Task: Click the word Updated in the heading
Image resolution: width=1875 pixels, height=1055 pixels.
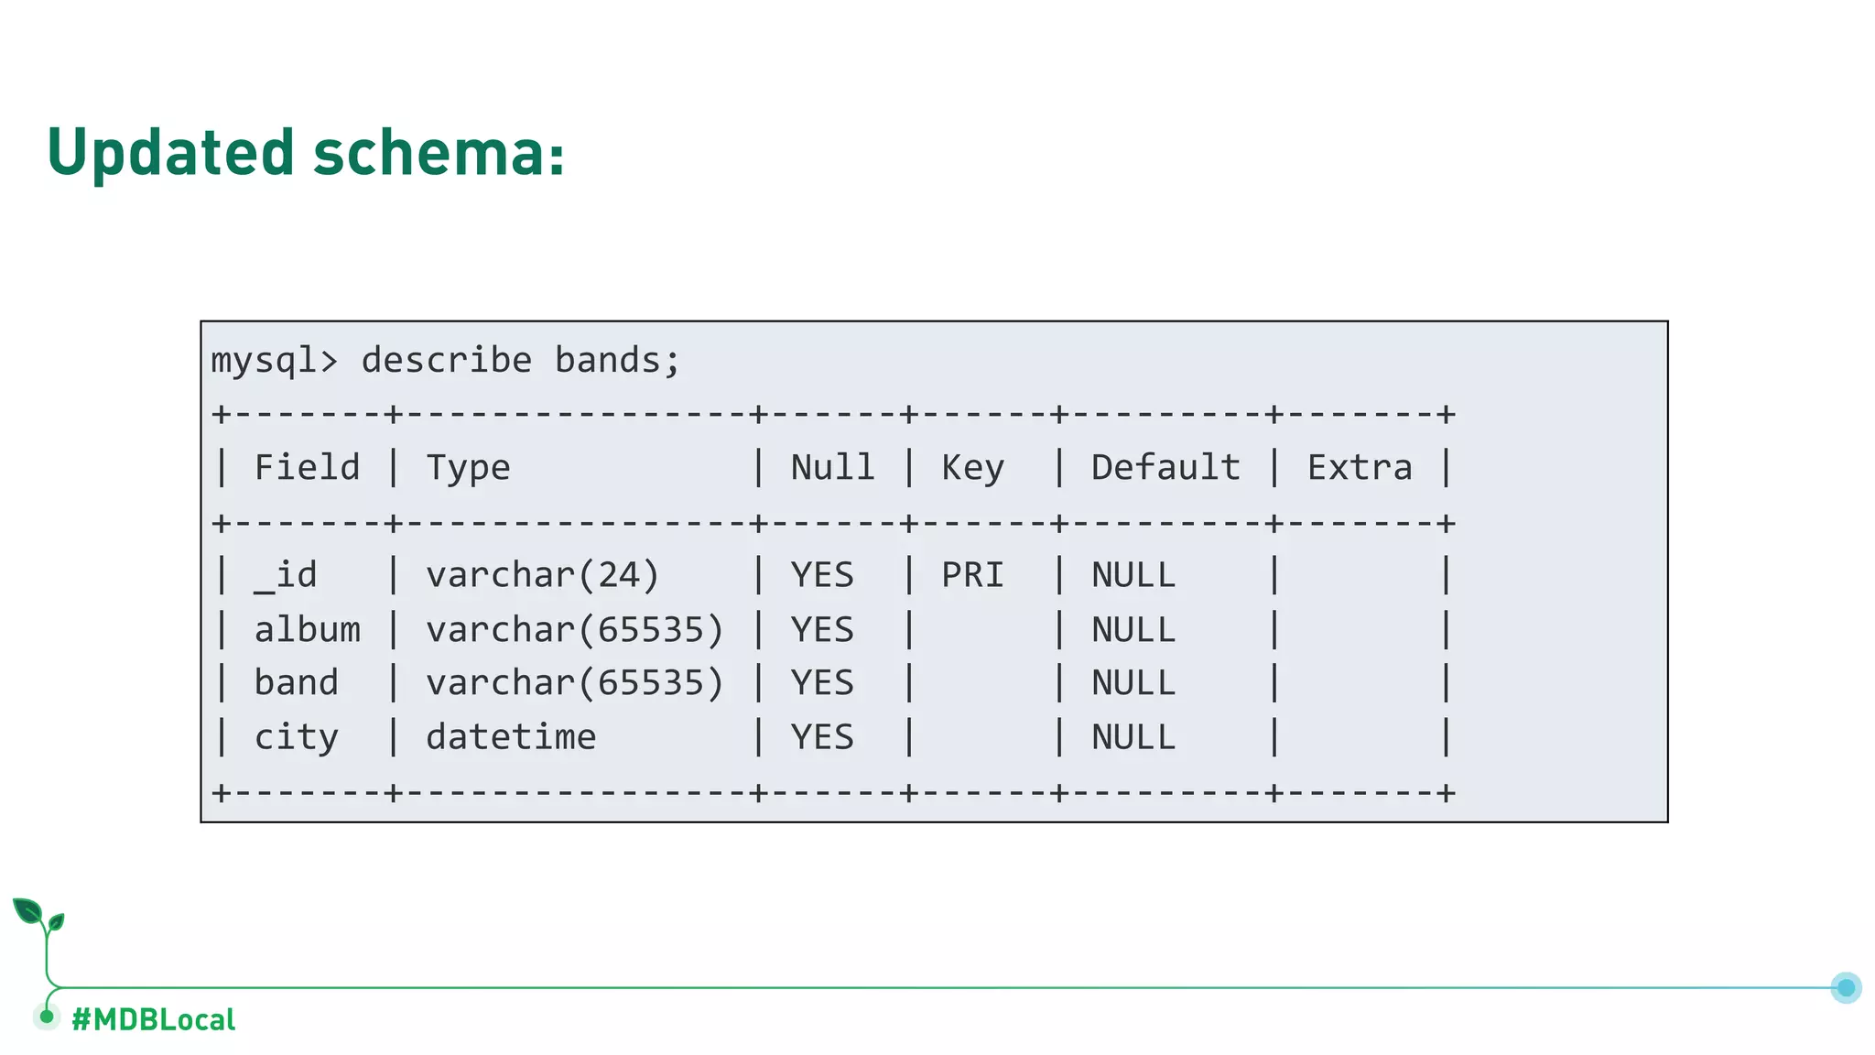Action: [x=171, y=153]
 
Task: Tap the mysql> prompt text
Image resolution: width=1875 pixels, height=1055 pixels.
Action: [x=274, y=361]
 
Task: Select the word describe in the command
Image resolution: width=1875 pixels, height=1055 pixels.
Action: [x=446, y=361]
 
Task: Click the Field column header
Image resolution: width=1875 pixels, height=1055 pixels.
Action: [x=307, y=468]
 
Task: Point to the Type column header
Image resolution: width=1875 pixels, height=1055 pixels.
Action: [x=468, y=468]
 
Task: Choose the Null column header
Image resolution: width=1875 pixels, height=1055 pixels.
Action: [x=832, y=468]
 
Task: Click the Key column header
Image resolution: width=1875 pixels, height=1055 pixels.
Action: [x=972, y=468]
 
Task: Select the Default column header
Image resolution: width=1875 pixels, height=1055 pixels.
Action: [x=1165, y=468]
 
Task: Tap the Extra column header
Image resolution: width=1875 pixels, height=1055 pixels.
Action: [x=1360, y=468]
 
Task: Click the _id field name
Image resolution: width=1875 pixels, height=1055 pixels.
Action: [x=286, y=576]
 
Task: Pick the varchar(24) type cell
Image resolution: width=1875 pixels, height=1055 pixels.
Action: [x=542, y=576]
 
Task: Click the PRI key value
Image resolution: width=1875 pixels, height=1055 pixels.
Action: [x=972, y=576]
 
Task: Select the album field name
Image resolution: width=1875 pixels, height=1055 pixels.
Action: [x=307, y=630]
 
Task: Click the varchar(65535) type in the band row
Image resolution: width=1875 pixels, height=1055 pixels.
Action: [x=575, y=683]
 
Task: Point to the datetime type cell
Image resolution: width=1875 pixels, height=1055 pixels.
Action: [x=511, y=737]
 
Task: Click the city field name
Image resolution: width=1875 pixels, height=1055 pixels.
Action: [x=296, y=737]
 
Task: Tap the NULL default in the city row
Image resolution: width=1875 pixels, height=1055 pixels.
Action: [x=1133, y=737]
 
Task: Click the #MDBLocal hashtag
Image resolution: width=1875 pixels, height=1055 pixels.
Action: [x=153, y=1019]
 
